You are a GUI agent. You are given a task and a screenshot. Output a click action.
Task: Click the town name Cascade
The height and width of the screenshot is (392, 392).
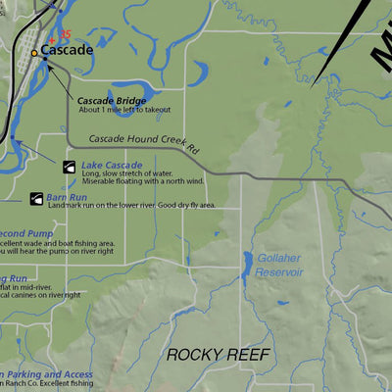(67, 50)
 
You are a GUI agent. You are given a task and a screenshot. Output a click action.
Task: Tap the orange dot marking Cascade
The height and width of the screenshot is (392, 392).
(35, 53)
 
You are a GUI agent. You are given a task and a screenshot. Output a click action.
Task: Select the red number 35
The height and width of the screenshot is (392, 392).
(66, 34)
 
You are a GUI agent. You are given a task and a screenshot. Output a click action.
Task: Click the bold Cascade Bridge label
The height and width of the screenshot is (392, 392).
(112, 101)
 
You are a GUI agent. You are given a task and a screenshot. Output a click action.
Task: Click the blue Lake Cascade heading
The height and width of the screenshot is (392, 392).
(112, 166)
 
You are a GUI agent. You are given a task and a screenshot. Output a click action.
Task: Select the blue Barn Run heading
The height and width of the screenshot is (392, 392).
(67, 197)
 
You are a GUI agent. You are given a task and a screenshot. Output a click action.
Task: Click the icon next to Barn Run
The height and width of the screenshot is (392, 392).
(36, 198)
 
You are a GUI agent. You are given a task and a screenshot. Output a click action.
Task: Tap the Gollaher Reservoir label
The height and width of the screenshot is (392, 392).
(279, 266)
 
